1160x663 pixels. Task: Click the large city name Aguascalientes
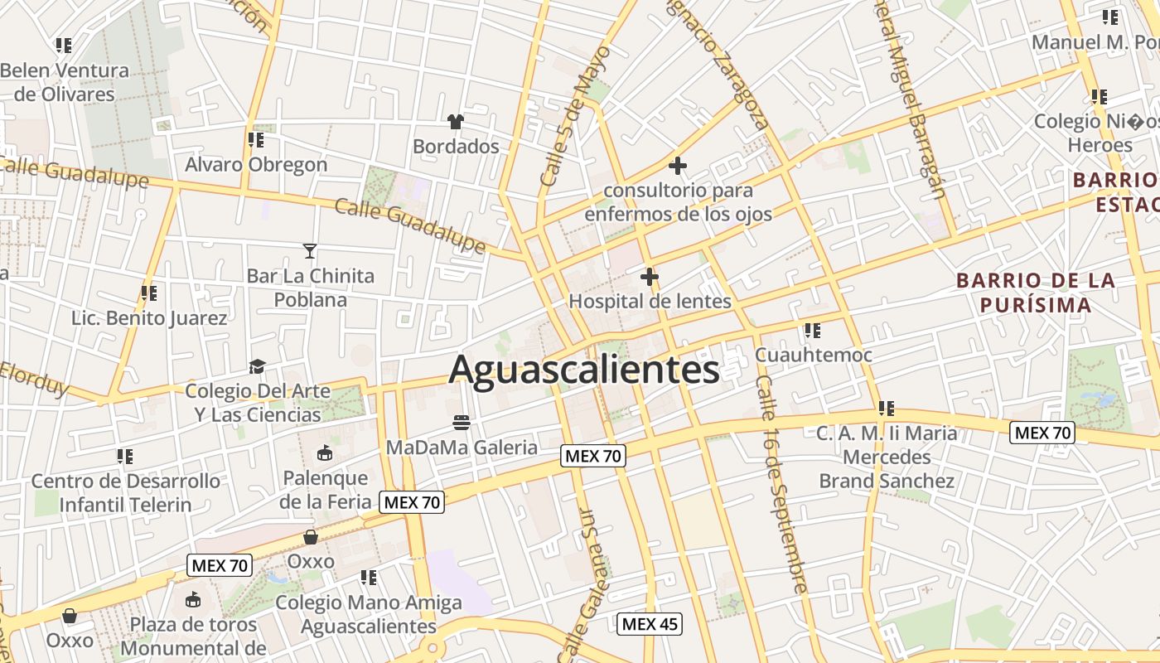[x=584, y=370]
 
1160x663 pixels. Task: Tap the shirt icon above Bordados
[x=455, y=122]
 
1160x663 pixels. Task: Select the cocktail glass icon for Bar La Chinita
[x=310, y=250]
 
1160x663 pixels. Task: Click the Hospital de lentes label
[x=650, y=301]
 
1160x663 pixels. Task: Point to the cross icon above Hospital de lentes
[x=650, y=277]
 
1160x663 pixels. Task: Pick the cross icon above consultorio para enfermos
[x=678, y=166]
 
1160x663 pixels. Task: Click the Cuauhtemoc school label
[x=813, y=355]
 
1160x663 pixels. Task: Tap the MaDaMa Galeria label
[x=462, y=448]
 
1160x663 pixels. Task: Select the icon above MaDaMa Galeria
[x=462, y=423]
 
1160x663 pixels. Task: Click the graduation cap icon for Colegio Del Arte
[x=258, y=366]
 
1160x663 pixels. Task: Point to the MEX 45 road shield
[x=650, y=624]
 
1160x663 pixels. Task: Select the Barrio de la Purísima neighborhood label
[x=1036, y=293]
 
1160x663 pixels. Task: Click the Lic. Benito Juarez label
[x=149, y=318]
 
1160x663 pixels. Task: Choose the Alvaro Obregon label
[x=256, y=164]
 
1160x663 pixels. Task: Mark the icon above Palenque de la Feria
[x=324, y=453]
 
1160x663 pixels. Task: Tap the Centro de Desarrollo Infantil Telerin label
[x=126, y=492]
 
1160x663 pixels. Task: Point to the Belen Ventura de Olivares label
[x=65, y=82]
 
